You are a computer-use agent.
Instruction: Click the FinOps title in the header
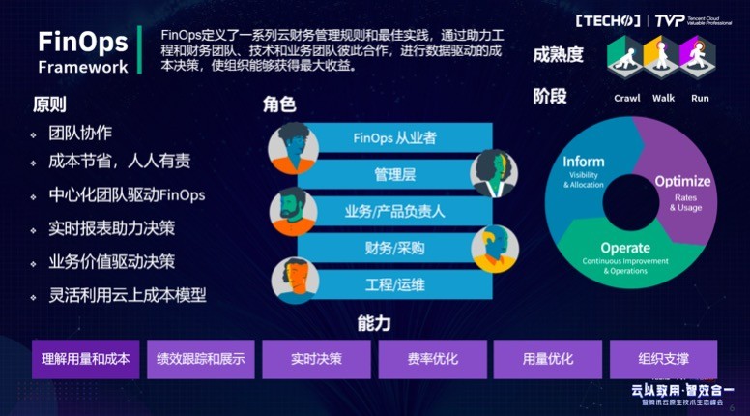(x=81, y=43)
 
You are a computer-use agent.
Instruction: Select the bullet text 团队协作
(x=80, y=134)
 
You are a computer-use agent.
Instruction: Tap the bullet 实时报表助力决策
(x=112, y=227)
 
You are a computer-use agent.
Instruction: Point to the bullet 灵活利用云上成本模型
(x=128, y=295)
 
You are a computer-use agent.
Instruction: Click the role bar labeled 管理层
(x=393, y=174)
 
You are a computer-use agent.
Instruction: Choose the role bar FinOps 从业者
(x=393, y=137)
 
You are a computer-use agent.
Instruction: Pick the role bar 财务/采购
(x=393, y=248)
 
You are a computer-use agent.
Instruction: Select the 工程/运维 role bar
(x=393, y=284)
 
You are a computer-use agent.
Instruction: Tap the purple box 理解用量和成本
(x=85, y=359)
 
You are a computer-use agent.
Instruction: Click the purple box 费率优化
(x=432, y=359)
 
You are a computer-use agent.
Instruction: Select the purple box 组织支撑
(x=663, y=359)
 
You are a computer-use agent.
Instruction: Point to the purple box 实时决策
(x=316, y=359)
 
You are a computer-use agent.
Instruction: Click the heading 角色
(x=278, y=104)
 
